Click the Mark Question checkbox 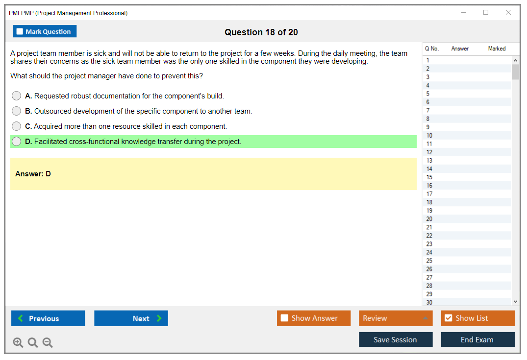point(20,31)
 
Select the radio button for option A point(17,96)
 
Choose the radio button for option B point(17,111)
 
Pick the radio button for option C point(17,126)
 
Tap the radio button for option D point(17,142)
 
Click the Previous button point(48,318)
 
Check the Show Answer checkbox point(284,318)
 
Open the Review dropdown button point(396,318)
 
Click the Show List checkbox point(449,318)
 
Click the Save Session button point(396,339)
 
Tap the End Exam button point(477,339)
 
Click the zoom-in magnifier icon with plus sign point(18,342)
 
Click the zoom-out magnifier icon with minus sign point(48,342)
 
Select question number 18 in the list point(429,202)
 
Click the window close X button point(508,12)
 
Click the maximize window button point(486,12)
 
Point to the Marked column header point(497,48)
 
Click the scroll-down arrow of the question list point(516,302)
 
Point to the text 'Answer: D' point(33,173)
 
